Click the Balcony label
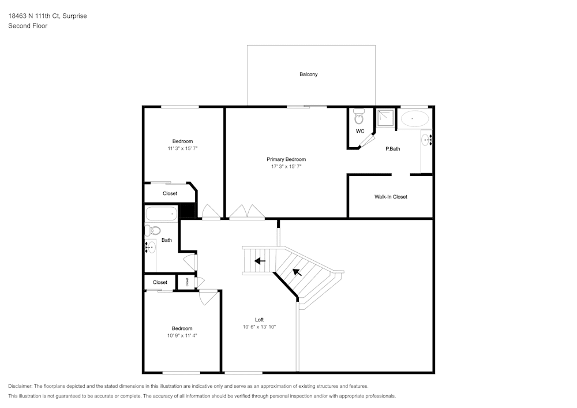pos(308,74)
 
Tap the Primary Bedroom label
pos(286,159)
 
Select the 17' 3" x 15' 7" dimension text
pos(286,167)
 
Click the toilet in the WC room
pos(359,117)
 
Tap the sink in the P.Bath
pos(427,139)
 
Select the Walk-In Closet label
pos(391,197)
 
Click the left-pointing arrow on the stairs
pos(260,261)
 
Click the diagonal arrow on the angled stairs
pos(297,271)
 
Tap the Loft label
pos(260,320)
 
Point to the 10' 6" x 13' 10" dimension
pos(260,327)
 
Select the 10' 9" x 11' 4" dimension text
pos(182,335)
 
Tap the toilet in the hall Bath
pos(152,231)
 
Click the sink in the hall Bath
pos(150,248)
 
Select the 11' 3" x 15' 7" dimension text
pos(183,148)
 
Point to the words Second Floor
pos(28,26)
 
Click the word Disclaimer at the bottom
pos(20,386)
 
